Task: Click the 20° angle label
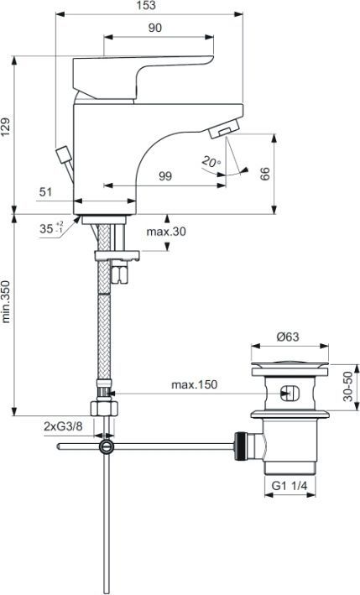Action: (210, 161)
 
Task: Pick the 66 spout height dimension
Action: (265, 174)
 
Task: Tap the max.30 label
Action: (166, 232)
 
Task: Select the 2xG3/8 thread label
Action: (62, 426)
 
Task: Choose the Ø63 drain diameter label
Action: (288, 337)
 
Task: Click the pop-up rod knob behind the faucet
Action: (62, 155)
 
